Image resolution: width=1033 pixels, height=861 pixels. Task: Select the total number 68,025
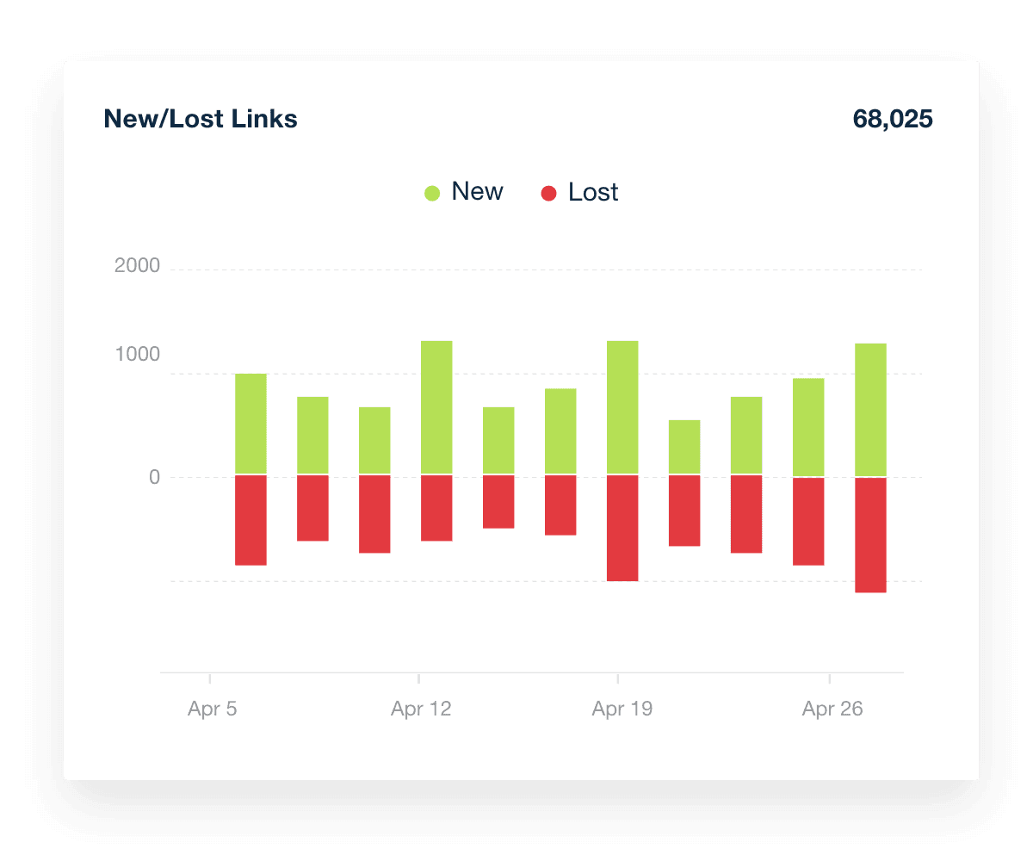pyautogui.click(x=892, y=119)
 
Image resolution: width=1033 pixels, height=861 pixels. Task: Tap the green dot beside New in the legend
pyautogui.click(x=432, y=194)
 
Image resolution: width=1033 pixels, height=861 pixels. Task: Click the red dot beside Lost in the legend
pyautogui.click(x=548, y=194)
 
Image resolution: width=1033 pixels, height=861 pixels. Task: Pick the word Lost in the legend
pyautogui.click(x=593, y=193)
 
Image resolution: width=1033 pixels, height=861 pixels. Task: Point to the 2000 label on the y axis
pyautogui.click(x=138, y=266)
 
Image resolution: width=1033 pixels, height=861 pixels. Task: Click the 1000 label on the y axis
pyautogui.click(x=138, y=355)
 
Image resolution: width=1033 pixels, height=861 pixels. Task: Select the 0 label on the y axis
pyautogui.click(x=155, y=477)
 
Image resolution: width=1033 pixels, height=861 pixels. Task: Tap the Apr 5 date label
pyautogui.click(x=213, y=709)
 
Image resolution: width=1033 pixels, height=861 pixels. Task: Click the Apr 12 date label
pyautogui.click(x=421, y=709)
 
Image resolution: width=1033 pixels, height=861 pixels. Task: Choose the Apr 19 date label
pyautogui.click(x=622, y=709)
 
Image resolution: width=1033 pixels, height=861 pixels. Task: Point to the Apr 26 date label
pyautogui.click(x=832, y=709)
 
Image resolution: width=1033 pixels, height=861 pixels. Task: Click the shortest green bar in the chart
pyautogui.click(x=684, y=447)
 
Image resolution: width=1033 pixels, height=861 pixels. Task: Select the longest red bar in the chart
pyautogui.click(x=870, y=535)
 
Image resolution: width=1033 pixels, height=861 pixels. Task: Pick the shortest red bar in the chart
pyautogui.click(x=498, y=501)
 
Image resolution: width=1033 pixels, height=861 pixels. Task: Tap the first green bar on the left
pyautogui.click(x=251, y=424)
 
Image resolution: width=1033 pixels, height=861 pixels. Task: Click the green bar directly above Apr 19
pyautogui.click(x=622, y=407)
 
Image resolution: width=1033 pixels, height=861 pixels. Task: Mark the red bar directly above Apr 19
pyautogui.click(x=622, y=528)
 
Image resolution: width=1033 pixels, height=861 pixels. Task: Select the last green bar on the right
pyautogui.click(x=870, y=410)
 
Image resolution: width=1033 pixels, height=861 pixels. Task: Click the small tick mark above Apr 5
pyautogui.click(x=210, y=678)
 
